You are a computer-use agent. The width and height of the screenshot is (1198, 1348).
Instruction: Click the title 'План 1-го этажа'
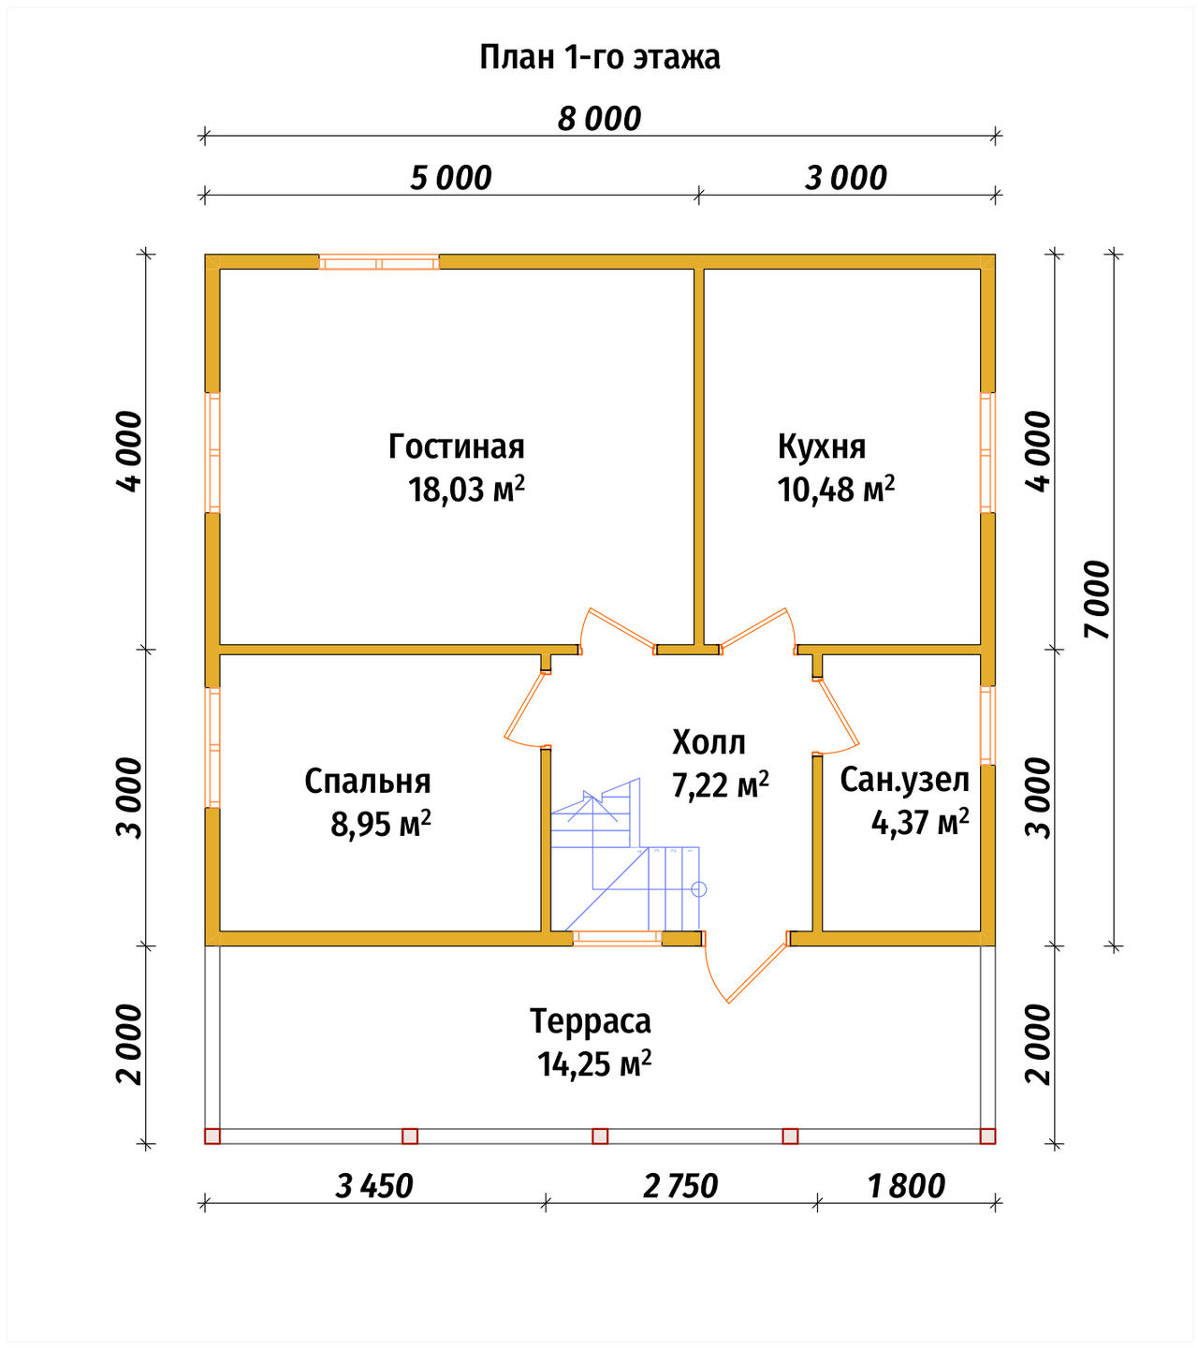tap(599, 57)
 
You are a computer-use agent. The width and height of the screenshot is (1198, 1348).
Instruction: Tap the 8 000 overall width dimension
tap(599, 119)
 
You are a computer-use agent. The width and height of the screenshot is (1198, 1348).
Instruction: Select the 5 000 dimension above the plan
tap(451, 178)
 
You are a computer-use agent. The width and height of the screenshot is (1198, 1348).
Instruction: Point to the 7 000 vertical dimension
tap(1097, 599)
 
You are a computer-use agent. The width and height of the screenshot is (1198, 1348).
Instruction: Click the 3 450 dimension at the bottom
tap(373, 1186)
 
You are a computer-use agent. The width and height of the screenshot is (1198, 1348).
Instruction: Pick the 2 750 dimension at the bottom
tap(680, 1186)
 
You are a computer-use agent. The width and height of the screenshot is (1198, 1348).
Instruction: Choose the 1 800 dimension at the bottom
tap(906, 1186)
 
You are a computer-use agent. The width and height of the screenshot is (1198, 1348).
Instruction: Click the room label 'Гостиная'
tap(457, 447)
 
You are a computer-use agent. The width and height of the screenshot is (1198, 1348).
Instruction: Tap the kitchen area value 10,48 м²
tap(836, 490)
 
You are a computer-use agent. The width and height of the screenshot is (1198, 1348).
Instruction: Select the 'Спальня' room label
tap(368, 781)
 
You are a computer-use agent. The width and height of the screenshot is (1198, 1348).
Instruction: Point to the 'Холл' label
tap(709, 741)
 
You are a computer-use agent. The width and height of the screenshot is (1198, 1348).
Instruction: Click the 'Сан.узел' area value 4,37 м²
tap(920, 822)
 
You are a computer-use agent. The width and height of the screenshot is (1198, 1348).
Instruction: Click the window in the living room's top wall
tap(379, 263)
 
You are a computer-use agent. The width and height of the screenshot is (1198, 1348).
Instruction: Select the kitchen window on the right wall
tap(987, 453)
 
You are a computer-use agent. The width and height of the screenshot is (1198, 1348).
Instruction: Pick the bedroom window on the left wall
tap(212, 748)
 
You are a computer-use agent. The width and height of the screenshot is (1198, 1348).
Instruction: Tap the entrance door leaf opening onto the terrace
tap(758, 973)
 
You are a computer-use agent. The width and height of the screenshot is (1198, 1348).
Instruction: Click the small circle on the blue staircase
tap(698, 889)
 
